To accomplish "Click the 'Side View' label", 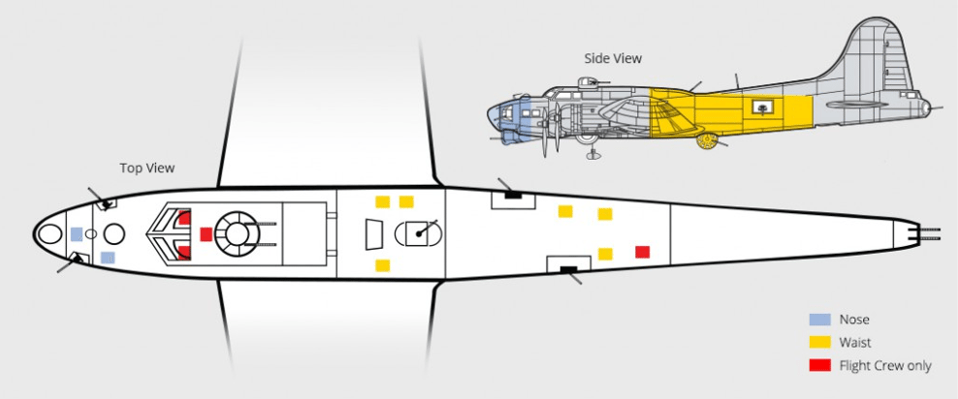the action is pyautogui.click(x=613, y=58).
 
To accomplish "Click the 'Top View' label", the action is pyautogui.click(x=146, y=169).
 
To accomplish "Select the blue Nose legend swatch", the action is pyautogui.click(x=819, y=320).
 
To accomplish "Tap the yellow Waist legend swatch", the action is pyautogui.click(x=819, y=342).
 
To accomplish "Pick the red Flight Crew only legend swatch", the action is pyautogui.click(x=819, y=365).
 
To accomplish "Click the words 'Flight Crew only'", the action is pyautogui.click(x=885, y=365).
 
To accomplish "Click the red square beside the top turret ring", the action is pyautogui.click(x=207, y=234).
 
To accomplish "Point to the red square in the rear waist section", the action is pyautogui.click(x=642, y=252).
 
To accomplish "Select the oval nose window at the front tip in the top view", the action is pyautogui.click(x=49, y=234).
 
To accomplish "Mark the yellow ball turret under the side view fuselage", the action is pyautogui.click(x=707, y=141).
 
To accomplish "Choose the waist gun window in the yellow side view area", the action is pyautogui.click(x=762, y=108).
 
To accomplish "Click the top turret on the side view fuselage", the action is pyautogui.click(x=588, y=82).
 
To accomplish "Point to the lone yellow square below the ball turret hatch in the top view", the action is pyautogui.click(x=382, y=265).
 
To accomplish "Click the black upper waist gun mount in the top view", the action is pyautogui.click(x=513, y=196).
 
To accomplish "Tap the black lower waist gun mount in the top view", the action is pyautogui.click(x=569, y=269).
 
